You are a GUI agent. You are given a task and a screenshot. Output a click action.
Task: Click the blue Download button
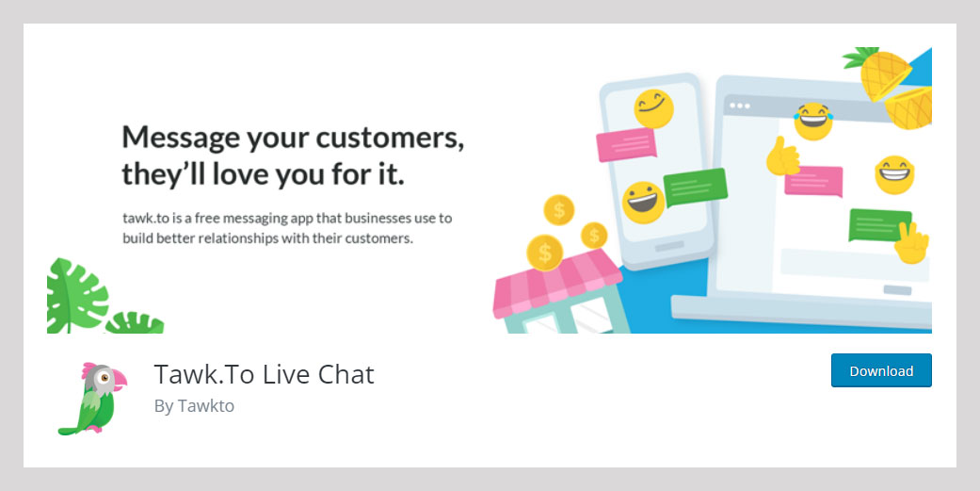pyautogui.click(x=881, y=370)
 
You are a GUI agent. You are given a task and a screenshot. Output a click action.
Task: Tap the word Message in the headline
pyautogui.click(x=181, y=138)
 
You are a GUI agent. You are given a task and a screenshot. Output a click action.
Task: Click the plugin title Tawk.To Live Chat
pyautogui.click(x=264, y=375)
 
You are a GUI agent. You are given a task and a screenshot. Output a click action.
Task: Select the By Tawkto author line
pyautogui.click(x=194, y=406)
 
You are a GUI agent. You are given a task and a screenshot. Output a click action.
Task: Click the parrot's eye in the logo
pyautogui.click(x=105, y=378)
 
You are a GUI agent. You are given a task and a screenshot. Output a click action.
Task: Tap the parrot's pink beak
pyautogui.click(x=118, y=379)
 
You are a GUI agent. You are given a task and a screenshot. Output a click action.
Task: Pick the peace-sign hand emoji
pyautogui.click(x=911, y=243)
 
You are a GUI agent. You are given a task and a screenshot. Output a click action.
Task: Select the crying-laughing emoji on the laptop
pyautogui.click(x=813, y=122)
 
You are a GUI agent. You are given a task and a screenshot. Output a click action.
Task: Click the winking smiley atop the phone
pyautogui.click(x=653, y=108)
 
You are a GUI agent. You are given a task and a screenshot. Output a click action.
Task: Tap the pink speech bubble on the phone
pyautogui.click(x=626, y=144)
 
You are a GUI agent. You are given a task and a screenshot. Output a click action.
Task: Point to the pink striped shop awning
pyautogui.click(x=556, y=283)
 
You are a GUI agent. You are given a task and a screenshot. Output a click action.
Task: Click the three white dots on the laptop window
pyautogui.click(x=740, y=106)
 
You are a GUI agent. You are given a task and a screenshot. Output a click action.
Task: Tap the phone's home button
pyautogui.click(x=669, y=246)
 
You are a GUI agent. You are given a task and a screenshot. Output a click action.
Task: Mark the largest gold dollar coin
pyautogui.click(x=545, y=253)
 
